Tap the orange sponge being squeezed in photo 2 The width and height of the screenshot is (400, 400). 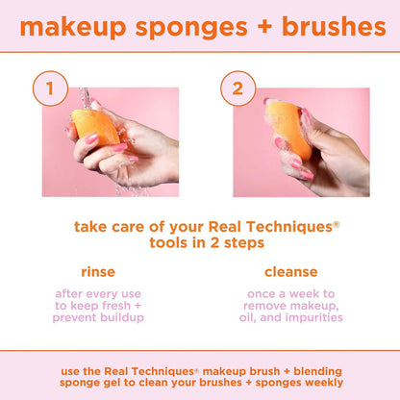click(288, 130)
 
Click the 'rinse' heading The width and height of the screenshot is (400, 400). click(99, 272)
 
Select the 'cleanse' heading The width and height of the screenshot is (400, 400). click(290, 272)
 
